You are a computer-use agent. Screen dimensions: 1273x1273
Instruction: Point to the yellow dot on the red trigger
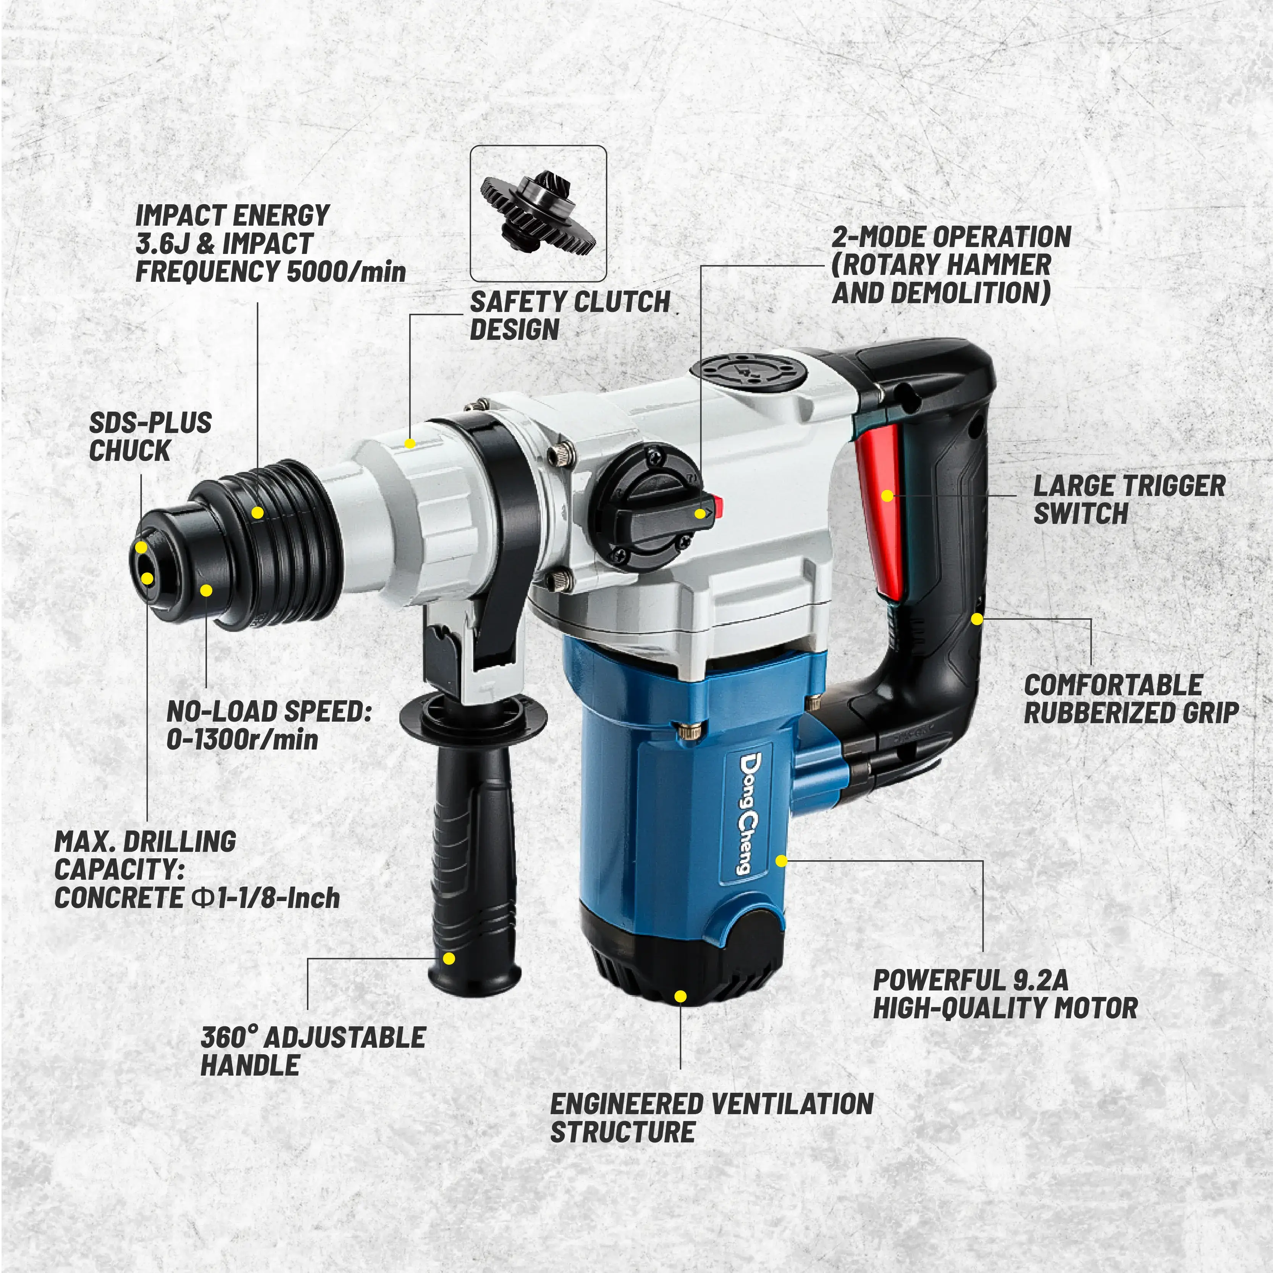(x=887, y=496)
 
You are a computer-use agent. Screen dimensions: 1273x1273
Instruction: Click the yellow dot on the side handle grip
(x=449, y=958)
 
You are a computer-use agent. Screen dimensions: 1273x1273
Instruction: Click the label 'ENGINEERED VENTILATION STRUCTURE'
(x=712, y=1118)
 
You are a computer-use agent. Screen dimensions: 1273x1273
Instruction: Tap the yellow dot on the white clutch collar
(x=410, y=443)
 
